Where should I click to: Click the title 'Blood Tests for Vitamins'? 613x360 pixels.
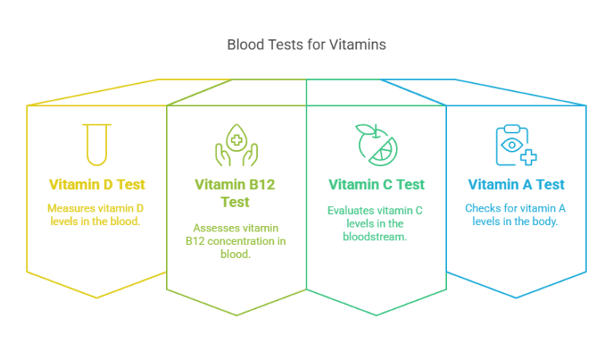pos(306,45)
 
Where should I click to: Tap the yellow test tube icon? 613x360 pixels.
pos(97,144)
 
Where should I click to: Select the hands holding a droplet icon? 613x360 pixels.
pos(235,144)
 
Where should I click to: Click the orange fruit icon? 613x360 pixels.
pos(376,144)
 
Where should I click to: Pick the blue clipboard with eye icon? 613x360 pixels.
pos(515,144)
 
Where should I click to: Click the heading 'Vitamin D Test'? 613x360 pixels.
pos(97,184)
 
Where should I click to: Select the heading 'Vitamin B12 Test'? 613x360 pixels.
pos(235,193)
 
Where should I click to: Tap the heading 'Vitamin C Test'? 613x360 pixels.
pos(376,184)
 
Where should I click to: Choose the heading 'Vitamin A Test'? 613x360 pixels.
pos(516,184)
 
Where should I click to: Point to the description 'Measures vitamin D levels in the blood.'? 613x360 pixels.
pos(97,214)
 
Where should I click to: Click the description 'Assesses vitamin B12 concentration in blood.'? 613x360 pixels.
pos(235,241)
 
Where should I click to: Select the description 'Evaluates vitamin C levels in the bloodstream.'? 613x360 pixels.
pos(376,224)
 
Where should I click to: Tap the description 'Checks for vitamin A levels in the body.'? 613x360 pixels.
pos(516,214)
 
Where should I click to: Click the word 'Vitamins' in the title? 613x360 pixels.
pos(358,45)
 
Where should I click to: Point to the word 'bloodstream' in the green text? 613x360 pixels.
pos(376,237)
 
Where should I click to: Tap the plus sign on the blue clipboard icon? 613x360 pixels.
pos(528,157)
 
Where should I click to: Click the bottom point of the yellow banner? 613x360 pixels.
pos(97,298)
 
